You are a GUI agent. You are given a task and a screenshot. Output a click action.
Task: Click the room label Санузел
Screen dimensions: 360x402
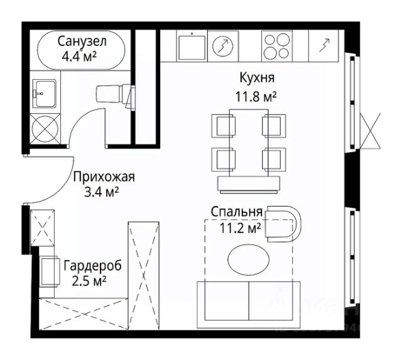[x=82, y=42]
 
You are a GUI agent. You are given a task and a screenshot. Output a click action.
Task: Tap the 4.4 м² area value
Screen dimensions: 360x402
[x=82, y=56]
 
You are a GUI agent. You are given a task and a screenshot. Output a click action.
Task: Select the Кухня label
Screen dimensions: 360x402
[x=258, y=79]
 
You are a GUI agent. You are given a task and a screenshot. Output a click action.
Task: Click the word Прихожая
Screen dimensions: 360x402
[x=104, y=177]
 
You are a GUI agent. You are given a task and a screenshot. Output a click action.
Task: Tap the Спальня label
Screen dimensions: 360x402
[x=236, y=212]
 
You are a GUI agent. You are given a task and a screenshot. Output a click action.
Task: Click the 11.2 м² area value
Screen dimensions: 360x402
[x=240, y=227]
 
